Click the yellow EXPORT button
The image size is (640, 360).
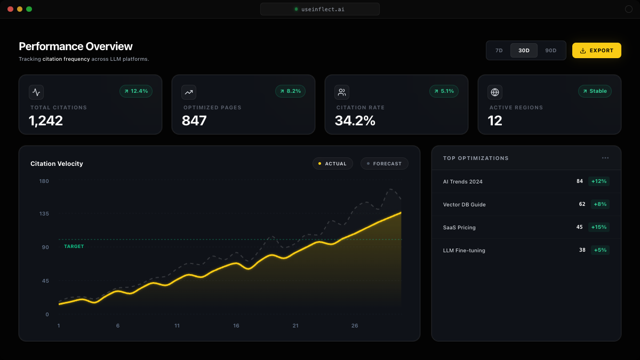(596, 50)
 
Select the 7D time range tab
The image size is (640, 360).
(499, 51)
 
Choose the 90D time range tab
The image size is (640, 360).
(550, 51)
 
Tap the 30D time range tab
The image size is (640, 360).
(524, 51)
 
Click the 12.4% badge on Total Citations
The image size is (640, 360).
(136, 91)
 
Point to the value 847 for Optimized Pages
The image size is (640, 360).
(194, 121)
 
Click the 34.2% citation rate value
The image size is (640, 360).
(355, 121)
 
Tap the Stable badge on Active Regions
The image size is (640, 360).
(595, 91)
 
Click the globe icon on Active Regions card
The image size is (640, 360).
(495, 92)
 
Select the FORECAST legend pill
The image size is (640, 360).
(384, 163)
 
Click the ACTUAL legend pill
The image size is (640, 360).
(333, 163)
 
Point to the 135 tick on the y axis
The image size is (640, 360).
(44, 214)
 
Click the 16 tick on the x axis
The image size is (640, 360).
(236, 326)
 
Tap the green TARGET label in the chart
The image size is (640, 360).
(74, 246)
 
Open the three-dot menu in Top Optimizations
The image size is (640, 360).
(605, 158)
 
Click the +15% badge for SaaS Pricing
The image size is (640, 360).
(599, 227)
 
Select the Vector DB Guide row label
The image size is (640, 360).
(464, 204)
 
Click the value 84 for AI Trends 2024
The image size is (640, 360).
(580, 181)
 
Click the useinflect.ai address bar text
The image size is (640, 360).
(323, 9)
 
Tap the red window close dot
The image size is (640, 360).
(10, 9)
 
